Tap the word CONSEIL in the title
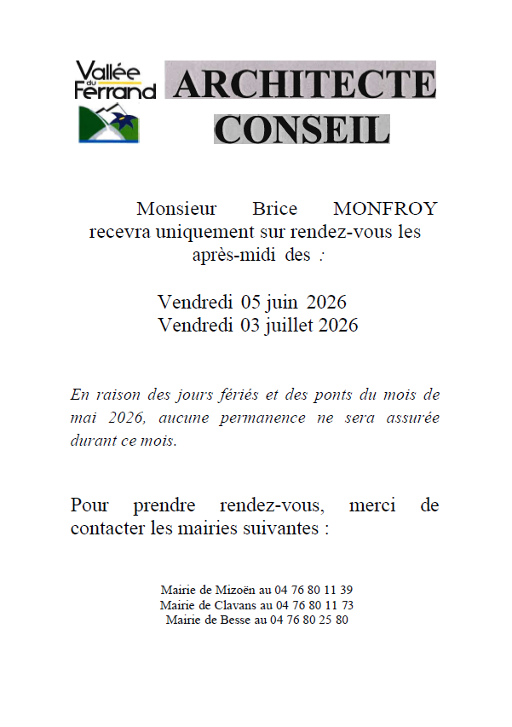click(x=302, y=129)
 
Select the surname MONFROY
click(x=385, y=209)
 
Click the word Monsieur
click(x=176, y=209)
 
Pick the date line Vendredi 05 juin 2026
click(x=252, y=303)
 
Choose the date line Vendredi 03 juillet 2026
click(x=258, y=325)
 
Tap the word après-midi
click(x=235, y=255)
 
